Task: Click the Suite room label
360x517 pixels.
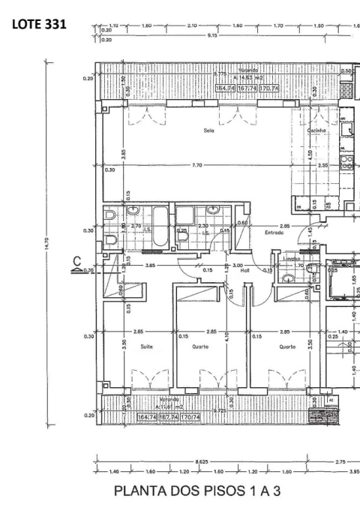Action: tap(145, 347)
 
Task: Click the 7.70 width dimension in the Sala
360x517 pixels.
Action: tap(196, 165)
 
